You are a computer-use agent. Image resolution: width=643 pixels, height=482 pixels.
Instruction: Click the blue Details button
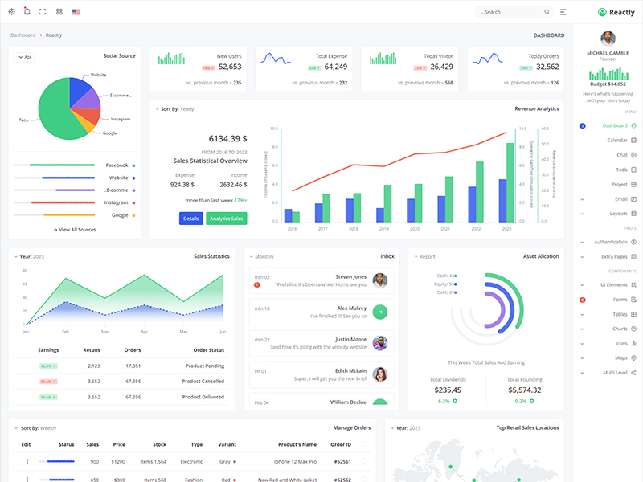coord(190,219)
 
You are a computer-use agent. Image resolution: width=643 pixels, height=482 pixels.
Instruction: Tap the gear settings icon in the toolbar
coord(11,12)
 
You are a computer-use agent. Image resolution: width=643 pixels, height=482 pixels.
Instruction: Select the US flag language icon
coord(76,12)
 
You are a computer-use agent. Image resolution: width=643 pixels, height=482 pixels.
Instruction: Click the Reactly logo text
coord(622,12)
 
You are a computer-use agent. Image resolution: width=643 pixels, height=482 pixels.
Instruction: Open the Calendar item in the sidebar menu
coord(616,140)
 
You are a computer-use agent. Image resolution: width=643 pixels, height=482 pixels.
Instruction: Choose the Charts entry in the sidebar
coord(620,329)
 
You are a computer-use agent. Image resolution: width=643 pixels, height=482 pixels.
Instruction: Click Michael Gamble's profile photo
coord(608,39)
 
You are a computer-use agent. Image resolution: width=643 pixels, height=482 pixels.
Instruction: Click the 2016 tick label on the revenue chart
coord(292,229)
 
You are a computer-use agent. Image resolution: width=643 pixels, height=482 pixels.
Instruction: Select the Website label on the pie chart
coord(98,75)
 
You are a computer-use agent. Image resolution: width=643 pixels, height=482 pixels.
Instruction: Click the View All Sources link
coord(75,230)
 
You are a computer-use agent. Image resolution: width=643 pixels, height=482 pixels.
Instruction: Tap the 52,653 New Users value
coord(230,67)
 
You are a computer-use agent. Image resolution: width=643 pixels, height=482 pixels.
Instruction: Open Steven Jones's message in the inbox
coord(321,280)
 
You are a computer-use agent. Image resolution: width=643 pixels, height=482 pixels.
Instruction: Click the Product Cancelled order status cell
coord(203,381)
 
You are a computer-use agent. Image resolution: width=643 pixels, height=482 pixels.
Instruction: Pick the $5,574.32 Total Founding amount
coord(525,390)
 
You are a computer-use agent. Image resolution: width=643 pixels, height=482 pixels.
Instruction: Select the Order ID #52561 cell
coord(342,461)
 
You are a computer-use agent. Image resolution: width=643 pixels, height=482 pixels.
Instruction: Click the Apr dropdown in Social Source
coord(24,57)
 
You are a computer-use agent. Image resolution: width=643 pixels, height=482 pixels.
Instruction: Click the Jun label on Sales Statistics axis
coord(222,331)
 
